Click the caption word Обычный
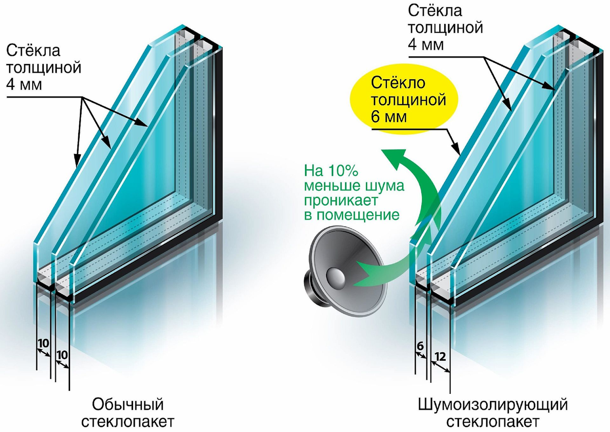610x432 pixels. [128, 405]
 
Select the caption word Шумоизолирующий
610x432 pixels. [492, 405]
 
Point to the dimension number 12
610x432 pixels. [441, 357]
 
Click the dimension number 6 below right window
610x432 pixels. [420, 346]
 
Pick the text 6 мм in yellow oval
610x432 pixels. [389, 117]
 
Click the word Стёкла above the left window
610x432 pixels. [33, 50]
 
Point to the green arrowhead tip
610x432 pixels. [386, 152]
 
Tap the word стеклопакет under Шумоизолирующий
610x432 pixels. [492, 422]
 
